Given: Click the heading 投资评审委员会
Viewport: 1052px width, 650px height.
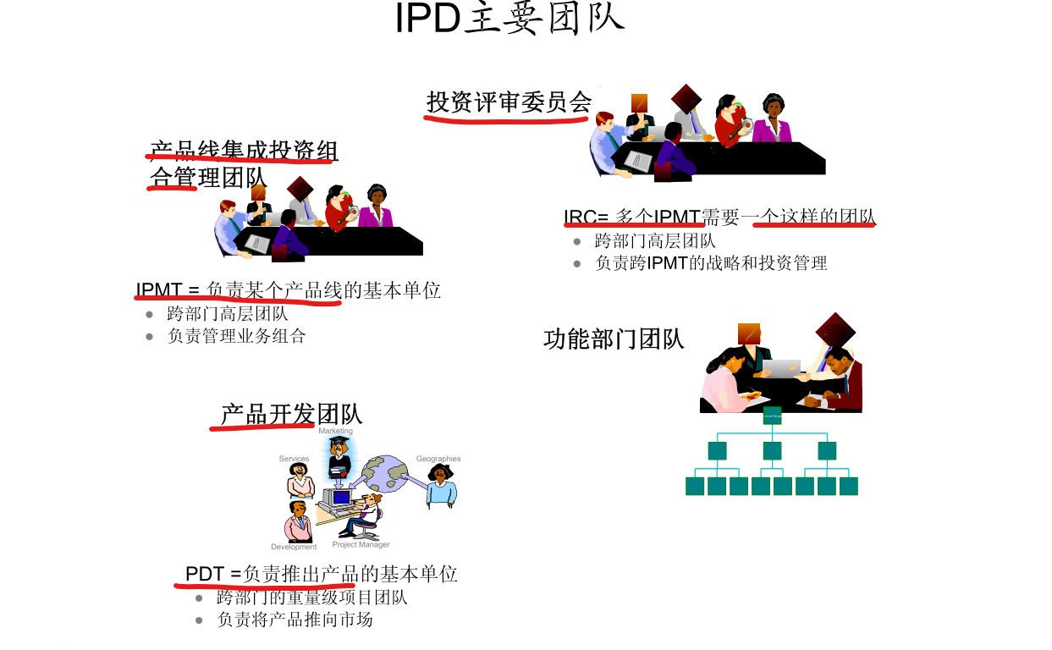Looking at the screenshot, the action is pyautogui.click(x=509, y=102).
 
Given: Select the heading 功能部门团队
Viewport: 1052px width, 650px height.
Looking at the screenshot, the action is pyautogui.click(x=614, y=339).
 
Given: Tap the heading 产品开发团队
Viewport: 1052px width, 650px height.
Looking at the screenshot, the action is pyautogui.click(x=291, y=414).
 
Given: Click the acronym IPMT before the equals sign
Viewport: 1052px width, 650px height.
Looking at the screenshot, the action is pyautogui.click(x=158, y=290).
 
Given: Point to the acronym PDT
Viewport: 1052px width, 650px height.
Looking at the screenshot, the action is pyautogui.click(x=204, y=574).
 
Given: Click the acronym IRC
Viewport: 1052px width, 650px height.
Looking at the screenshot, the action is pyautogui.click(x=581, y=218).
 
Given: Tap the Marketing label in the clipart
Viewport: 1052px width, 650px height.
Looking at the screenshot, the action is pyautogui.click(x=335, y=432).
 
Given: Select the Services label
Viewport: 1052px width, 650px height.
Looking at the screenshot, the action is pyautogui.click(x=294, y=459).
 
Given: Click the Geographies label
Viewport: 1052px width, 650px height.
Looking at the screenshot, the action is pyautogui.click(x=438, y=459).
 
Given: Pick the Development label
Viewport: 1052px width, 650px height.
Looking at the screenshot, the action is pyautogui.click(x=294, y=547).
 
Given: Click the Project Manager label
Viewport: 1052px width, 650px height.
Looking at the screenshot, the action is pyautogui.click(x=361, y=545).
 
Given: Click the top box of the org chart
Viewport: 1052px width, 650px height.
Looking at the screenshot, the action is pyautogui.click(x=772, y=416).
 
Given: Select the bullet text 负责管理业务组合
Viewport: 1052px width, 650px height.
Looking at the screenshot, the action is pyautogui.click(x=236, y=336).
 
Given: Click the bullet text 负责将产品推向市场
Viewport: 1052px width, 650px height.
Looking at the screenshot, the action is pyautogui.click(x=295, y=620).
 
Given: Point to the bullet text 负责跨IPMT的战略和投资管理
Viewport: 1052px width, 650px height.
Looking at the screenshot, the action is pyautogui.click(x=711, y=263).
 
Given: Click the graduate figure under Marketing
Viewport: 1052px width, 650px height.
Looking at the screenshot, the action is pyautogui.click(x=339, y=458).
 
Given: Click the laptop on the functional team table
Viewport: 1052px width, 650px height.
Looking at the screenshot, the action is pyautogui.click(x=781, y=367).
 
